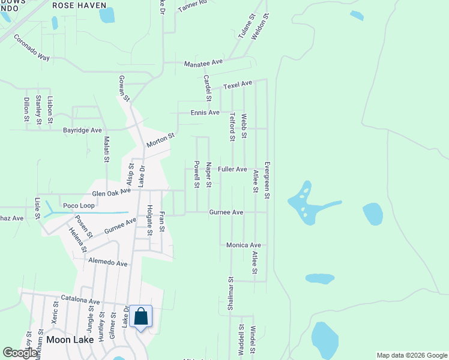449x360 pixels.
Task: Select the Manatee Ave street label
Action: pyautogui.click(x=203, y=62)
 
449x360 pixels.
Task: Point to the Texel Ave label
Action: pyautogui.click(x=238, y=86)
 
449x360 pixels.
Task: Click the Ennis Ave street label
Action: pyautogui.click(x=205, y=112)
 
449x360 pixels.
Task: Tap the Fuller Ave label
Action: pyautogui.click(x=232, y=169)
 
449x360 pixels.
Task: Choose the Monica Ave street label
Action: pyautogui.click(x=243, y=245)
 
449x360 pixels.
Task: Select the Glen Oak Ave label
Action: pyautogui.click(x=111, y=193)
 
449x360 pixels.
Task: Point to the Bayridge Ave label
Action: pyautogui.click(x=83, y=130)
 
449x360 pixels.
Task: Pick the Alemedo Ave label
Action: pyautogui.click(x=108, y=263)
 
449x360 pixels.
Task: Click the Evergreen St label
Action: pyautogui.click(x=267, y=181)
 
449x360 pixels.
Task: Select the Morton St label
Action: pyautogui.click(x=160, y=140)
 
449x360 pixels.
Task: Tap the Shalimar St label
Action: pyautogui.click(x=230, y=293)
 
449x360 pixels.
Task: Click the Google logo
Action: pyautogui.click(x=20, y=353)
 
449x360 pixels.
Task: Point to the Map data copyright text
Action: pyautogui.click(x=411, y=355)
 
